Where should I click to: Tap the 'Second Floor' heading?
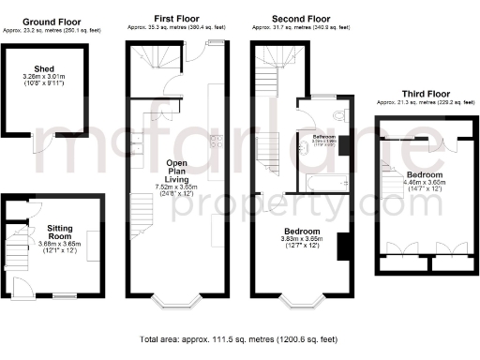click(x=301, y=19)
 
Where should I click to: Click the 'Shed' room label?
click(x=43, y=68)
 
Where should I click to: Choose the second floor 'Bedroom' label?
click(x=301, y=231)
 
